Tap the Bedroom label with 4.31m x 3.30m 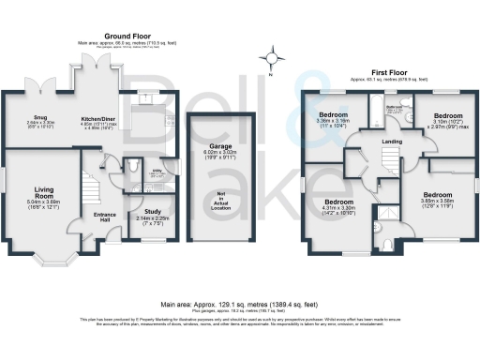tap(340, 202)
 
